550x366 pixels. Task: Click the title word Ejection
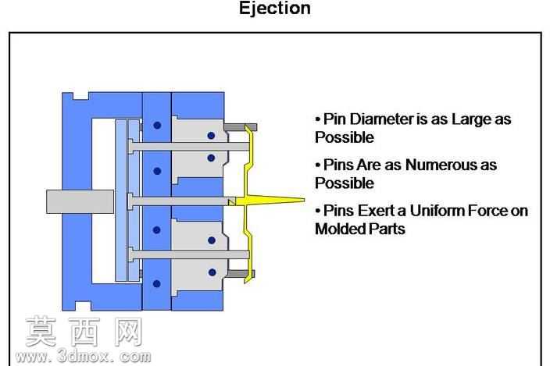(x=275, y=9)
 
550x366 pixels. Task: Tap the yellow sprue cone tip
(x=304, y=201)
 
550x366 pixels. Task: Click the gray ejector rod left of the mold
(x=80, y=201)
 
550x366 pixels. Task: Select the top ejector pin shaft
(x=189, y=147)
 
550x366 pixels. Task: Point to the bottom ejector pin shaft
(x=189, y=254)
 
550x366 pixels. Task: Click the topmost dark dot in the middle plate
(x=157, y=125)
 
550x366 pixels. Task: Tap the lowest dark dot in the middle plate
(x=157, y=284)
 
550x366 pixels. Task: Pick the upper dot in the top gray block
(x=211, y=136)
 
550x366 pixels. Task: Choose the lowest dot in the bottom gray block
(x=212, y=272)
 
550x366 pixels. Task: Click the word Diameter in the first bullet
(x=381, y=119)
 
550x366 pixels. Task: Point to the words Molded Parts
(x=360, y=229)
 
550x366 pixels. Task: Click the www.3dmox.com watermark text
(x=84, y=357)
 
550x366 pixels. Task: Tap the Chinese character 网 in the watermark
(x=128, y=332)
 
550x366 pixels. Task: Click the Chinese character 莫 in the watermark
(x=41, y=331)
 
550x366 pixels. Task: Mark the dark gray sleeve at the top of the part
(x=241, y=127)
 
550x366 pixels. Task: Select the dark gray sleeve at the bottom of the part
(x=240, y=274)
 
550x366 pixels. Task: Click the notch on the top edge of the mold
(x=80, y=96)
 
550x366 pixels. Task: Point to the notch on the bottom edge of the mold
(x=81, y=306)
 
